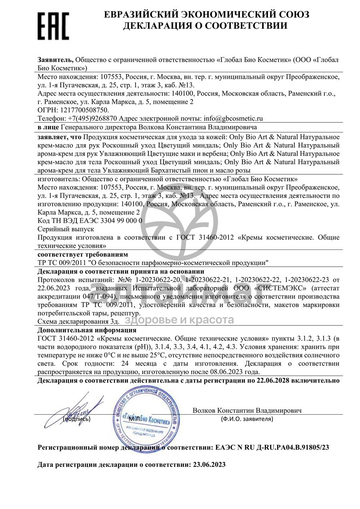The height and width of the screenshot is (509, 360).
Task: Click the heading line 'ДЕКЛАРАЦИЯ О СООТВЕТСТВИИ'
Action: (205, 26)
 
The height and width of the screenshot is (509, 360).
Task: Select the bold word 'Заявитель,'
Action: (55, 60)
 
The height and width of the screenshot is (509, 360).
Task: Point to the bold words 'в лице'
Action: (48, 127)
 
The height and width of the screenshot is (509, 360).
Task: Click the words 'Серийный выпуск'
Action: (66, 229)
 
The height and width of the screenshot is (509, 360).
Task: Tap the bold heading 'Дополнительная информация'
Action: (87, 330)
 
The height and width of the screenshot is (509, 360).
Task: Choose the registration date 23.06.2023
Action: (207, 465)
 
